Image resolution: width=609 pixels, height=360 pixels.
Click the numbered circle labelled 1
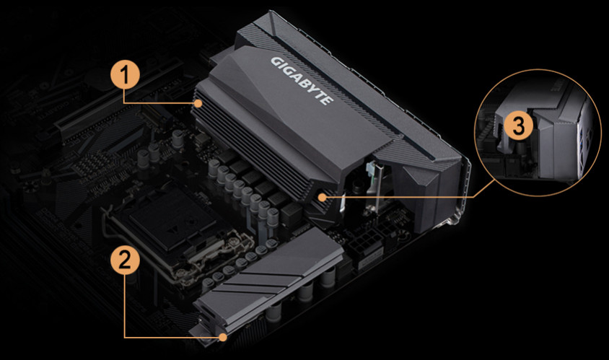click(x=125, y=75)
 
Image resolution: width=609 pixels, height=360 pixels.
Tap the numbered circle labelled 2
click(x=125, y=260)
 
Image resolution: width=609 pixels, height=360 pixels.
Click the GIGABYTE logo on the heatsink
click(x=302, y=80)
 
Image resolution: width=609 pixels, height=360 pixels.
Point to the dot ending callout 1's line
click(x=198, y=103)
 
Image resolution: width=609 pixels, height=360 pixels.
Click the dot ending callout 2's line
click(x=222, y=337)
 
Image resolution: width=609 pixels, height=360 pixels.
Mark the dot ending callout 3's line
click(x=322, y=197)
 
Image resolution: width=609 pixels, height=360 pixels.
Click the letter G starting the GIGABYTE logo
click(x=276, y=62)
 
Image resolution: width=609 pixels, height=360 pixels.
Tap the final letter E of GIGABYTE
click(x=328, y=100)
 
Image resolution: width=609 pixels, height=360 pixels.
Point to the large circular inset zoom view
click(x=538, y=133)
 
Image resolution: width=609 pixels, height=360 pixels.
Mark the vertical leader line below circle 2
click(x=125, y=306)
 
